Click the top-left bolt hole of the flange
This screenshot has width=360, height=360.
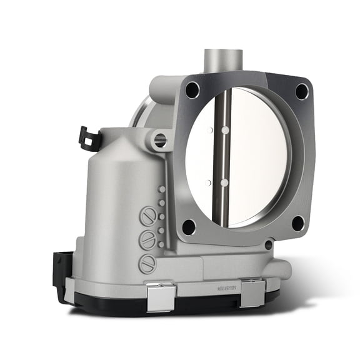coord(192,90)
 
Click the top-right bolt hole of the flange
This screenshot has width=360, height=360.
coord(302,91)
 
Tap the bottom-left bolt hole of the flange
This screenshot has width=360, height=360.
coord(189,226)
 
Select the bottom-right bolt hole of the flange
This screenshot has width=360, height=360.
coord(298,222)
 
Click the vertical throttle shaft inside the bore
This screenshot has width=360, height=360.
coord(221,156)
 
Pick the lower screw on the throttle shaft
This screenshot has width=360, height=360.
coord(223,182)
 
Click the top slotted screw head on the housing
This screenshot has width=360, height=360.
coord(147,217)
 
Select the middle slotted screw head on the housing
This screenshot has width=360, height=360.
coord(147,240)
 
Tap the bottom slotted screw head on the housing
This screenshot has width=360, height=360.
coord(147,263)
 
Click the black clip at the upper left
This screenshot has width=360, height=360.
coord(89,138)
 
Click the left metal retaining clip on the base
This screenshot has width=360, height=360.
coord(161,294)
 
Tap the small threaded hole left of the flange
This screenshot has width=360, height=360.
coord(161,140)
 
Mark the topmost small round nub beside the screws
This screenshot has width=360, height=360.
coord(162,189)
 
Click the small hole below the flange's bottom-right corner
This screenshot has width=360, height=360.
coord(269,245)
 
